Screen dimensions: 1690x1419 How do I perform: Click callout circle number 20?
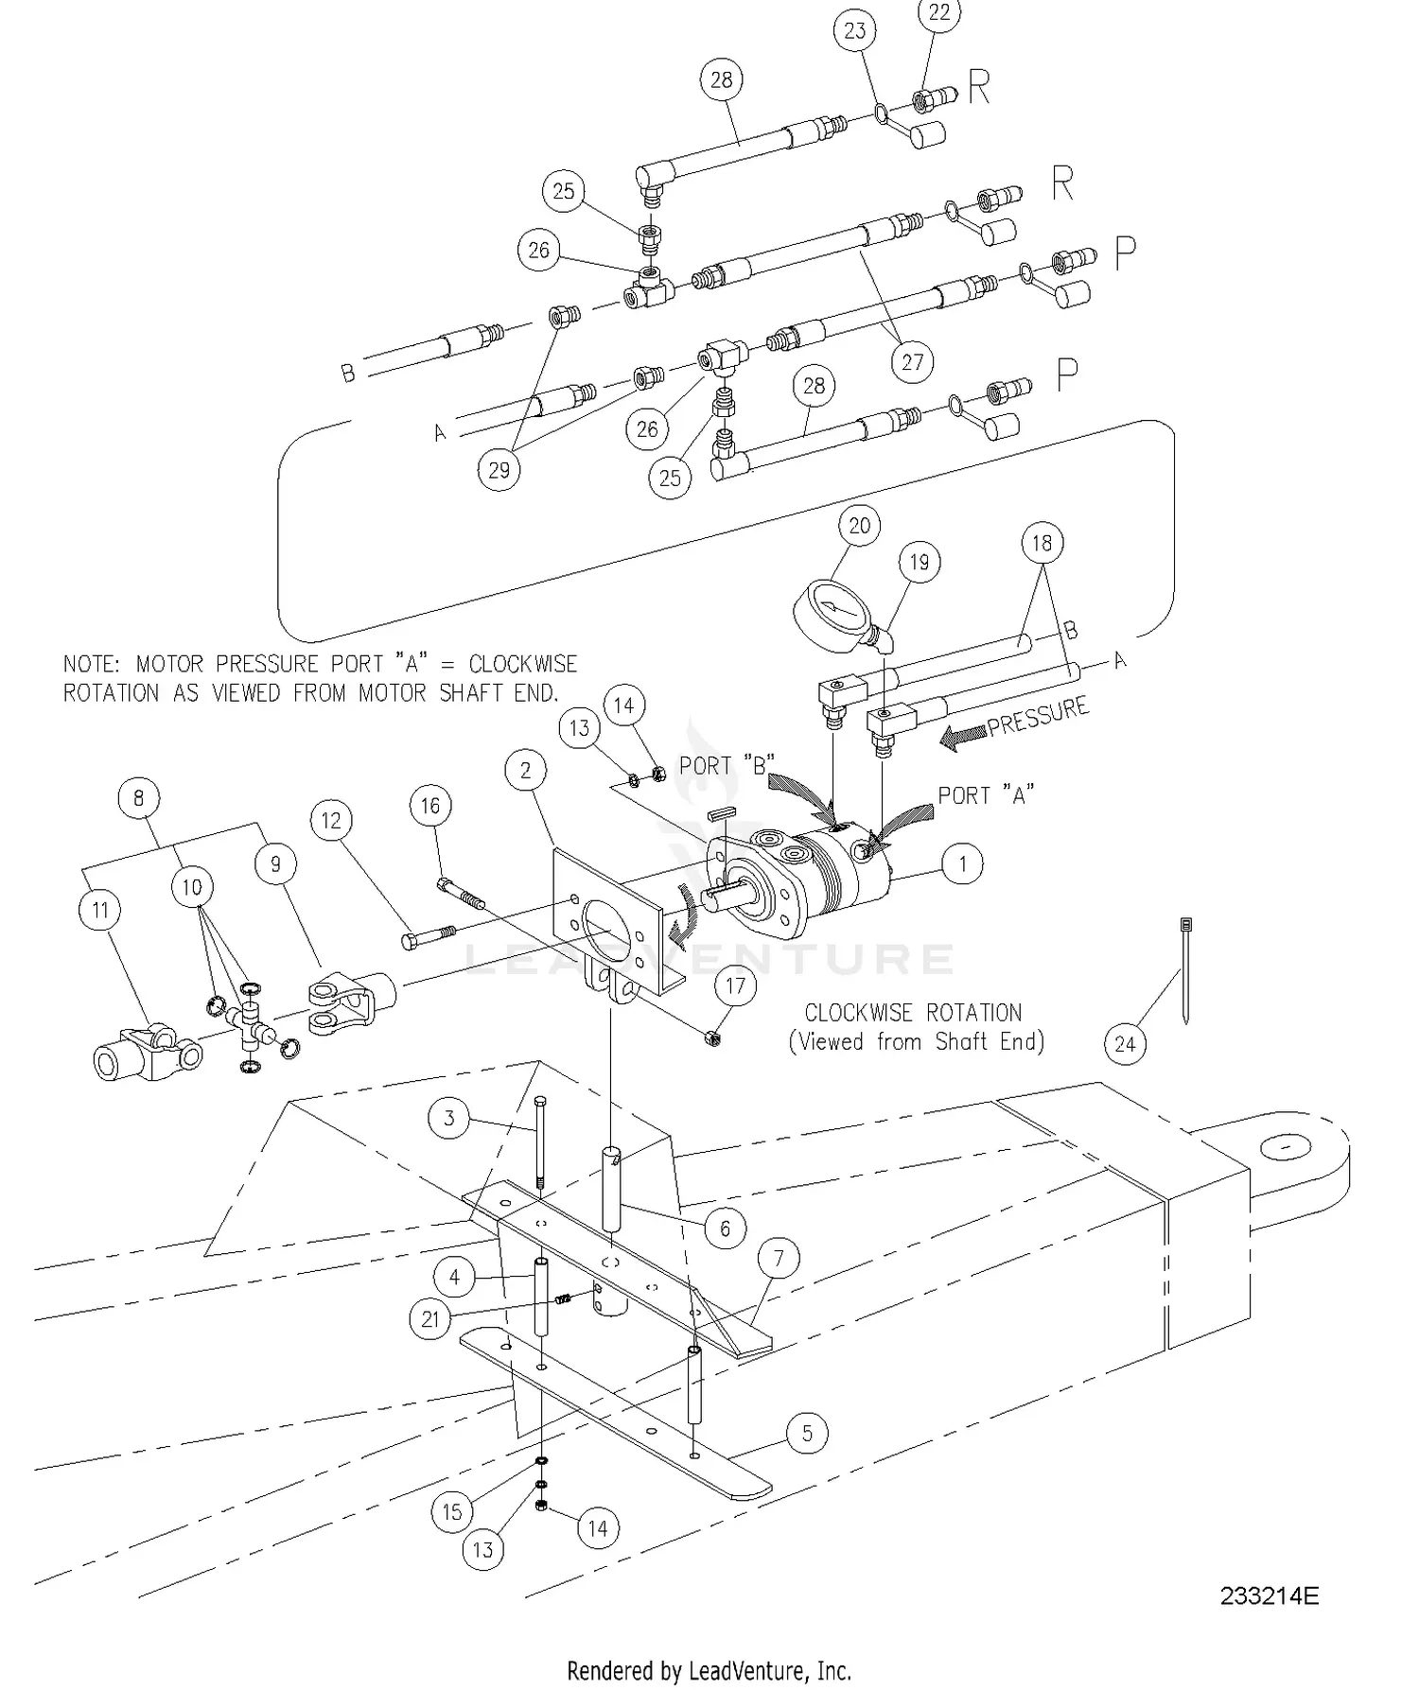point(859,526)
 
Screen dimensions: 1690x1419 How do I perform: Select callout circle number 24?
point(1125,1044)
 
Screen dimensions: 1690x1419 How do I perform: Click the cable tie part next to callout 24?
point(1185,969)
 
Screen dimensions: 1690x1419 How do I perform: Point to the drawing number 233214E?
point(1269,1596)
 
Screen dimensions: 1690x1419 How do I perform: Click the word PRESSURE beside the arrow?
point(1038,717)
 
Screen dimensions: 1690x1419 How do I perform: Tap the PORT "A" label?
point(986,794)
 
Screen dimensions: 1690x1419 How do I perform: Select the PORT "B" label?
point(727,764)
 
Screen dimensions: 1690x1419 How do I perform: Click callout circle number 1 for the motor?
point(963,863)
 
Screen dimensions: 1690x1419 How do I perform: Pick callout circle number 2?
point(526,770)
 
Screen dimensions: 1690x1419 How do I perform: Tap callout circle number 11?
point(100,910)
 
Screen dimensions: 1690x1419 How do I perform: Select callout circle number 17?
point(735,986)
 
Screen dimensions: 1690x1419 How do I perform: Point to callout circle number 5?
point(807,1433)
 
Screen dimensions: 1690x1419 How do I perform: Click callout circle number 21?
point(430,1318)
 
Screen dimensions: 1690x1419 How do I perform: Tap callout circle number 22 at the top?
point(938,13)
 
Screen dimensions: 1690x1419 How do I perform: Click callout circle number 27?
point(912,362)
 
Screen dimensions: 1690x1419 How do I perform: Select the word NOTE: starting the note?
point(92,664)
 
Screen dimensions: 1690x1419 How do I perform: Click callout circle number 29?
point(499,469)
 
